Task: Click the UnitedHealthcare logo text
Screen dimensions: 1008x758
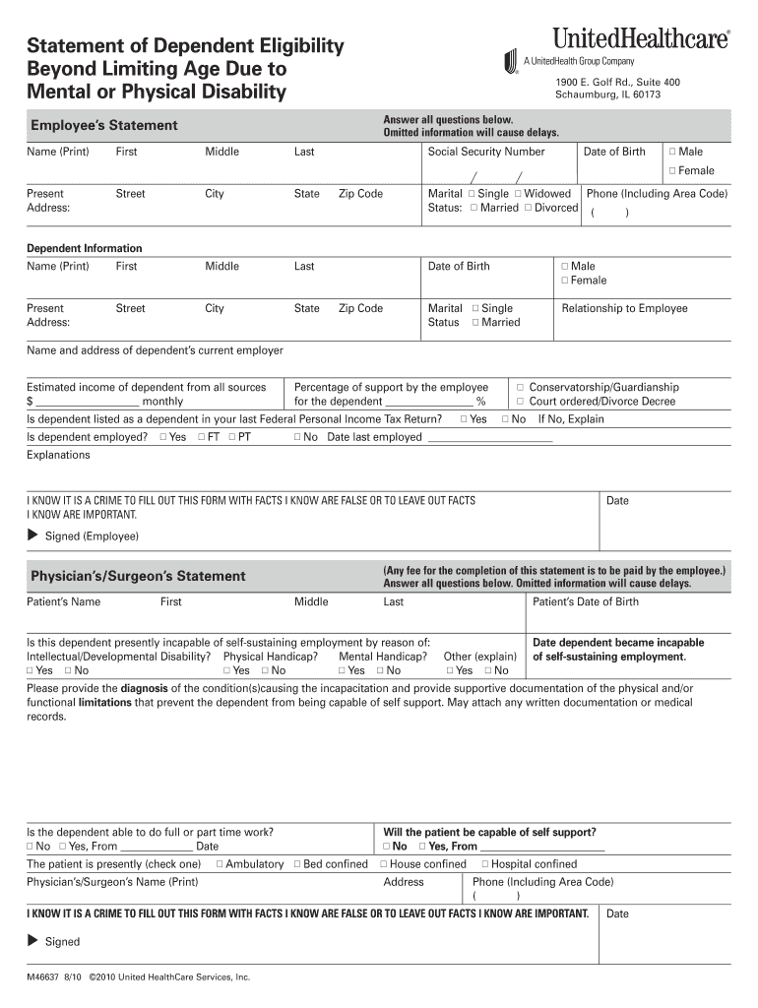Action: point(641,38)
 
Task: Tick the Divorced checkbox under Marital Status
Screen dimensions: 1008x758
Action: point(528,208)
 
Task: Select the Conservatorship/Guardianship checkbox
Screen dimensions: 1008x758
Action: point(521,388)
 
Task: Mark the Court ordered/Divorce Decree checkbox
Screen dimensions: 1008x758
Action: point(521,402)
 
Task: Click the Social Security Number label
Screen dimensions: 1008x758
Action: point(485,152)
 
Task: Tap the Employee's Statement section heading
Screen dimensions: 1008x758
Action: point(104,125)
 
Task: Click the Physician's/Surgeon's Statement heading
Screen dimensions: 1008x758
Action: point(138,576)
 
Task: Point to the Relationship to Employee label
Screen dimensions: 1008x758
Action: point(624,308)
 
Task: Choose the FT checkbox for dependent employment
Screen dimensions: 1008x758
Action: point(201,437)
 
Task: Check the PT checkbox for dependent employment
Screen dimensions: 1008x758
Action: point(231,437)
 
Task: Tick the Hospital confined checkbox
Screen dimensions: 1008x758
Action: point(484,864)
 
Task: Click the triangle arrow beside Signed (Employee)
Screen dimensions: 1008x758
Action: point(32,535)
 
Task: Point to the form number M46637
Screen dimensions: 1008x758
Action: point(43,977)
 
